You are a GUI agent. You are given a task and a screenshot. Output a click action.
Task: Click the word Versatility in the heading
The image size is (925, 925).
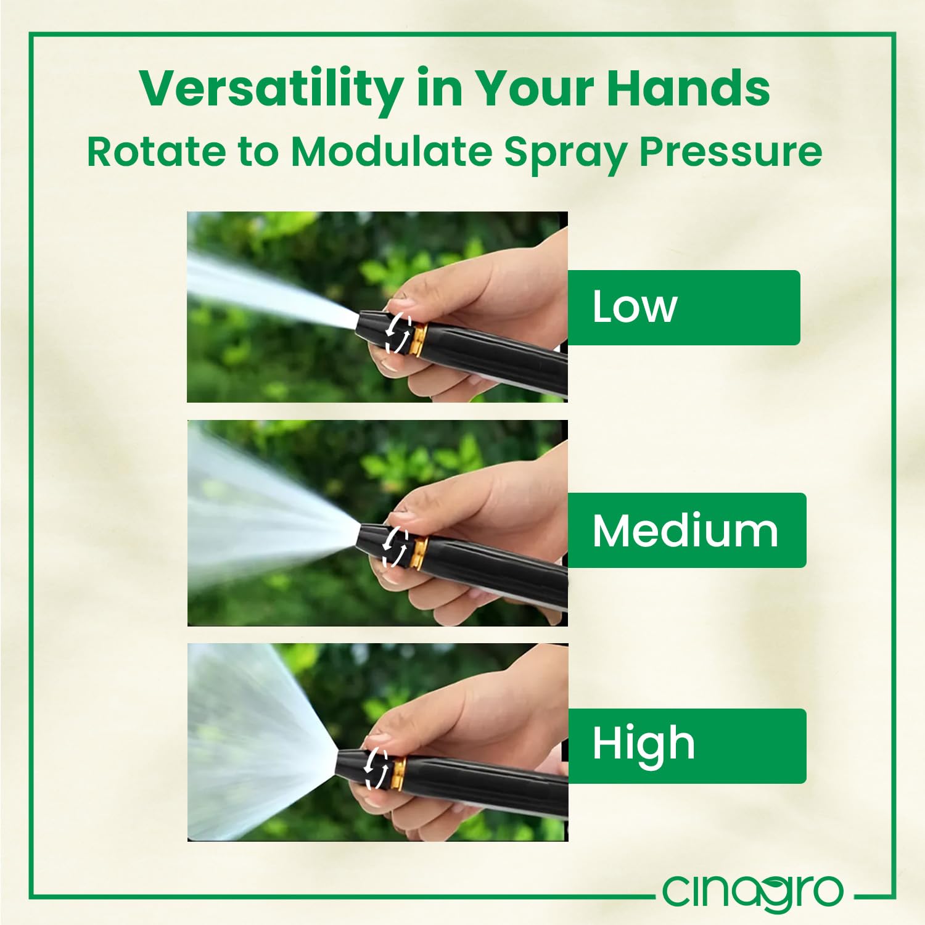[271, 89]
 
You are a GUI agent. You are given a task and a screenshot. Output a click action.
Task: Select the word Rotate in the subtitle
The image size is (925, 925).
[157, 151]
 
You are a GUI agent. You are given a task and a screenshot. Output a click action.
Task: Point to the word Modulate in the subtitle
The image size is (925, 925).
[392, 151]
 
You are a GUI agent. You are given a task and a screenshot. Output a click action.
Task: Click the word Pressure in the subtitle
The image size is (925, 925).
[731, 152]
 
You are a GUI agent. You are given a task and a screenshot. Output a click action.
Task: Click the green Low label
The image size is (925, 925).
[683, 307]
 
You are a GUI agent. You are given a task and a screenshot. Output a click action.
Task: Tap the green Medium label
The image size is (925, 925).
[686, 530]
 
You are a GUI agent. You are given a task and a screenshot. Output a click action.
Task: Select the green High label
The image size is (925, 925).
[686, 746]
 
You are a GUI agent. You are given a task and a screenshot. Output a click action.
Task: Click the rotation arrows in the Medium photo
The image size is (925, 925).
[395, 546]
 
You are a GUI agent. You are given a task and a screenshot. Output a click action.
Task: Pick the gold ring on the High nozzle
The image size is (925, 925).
[398, 774]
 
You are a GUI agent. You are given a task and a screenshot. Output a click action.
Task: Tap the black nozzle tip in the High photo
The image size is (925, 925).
[351, 765]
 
